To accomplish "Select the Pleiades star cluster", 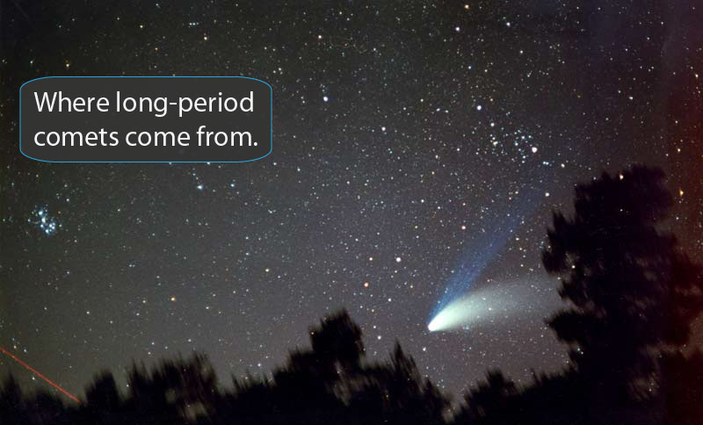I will pyautogui.click(x=44, y=220).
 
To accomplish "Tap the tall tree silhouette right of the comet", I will pyautogui.click(x=606, y=263).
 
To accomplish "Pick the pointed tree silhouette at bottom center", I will pyautogui.click(x=334, y=351).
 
